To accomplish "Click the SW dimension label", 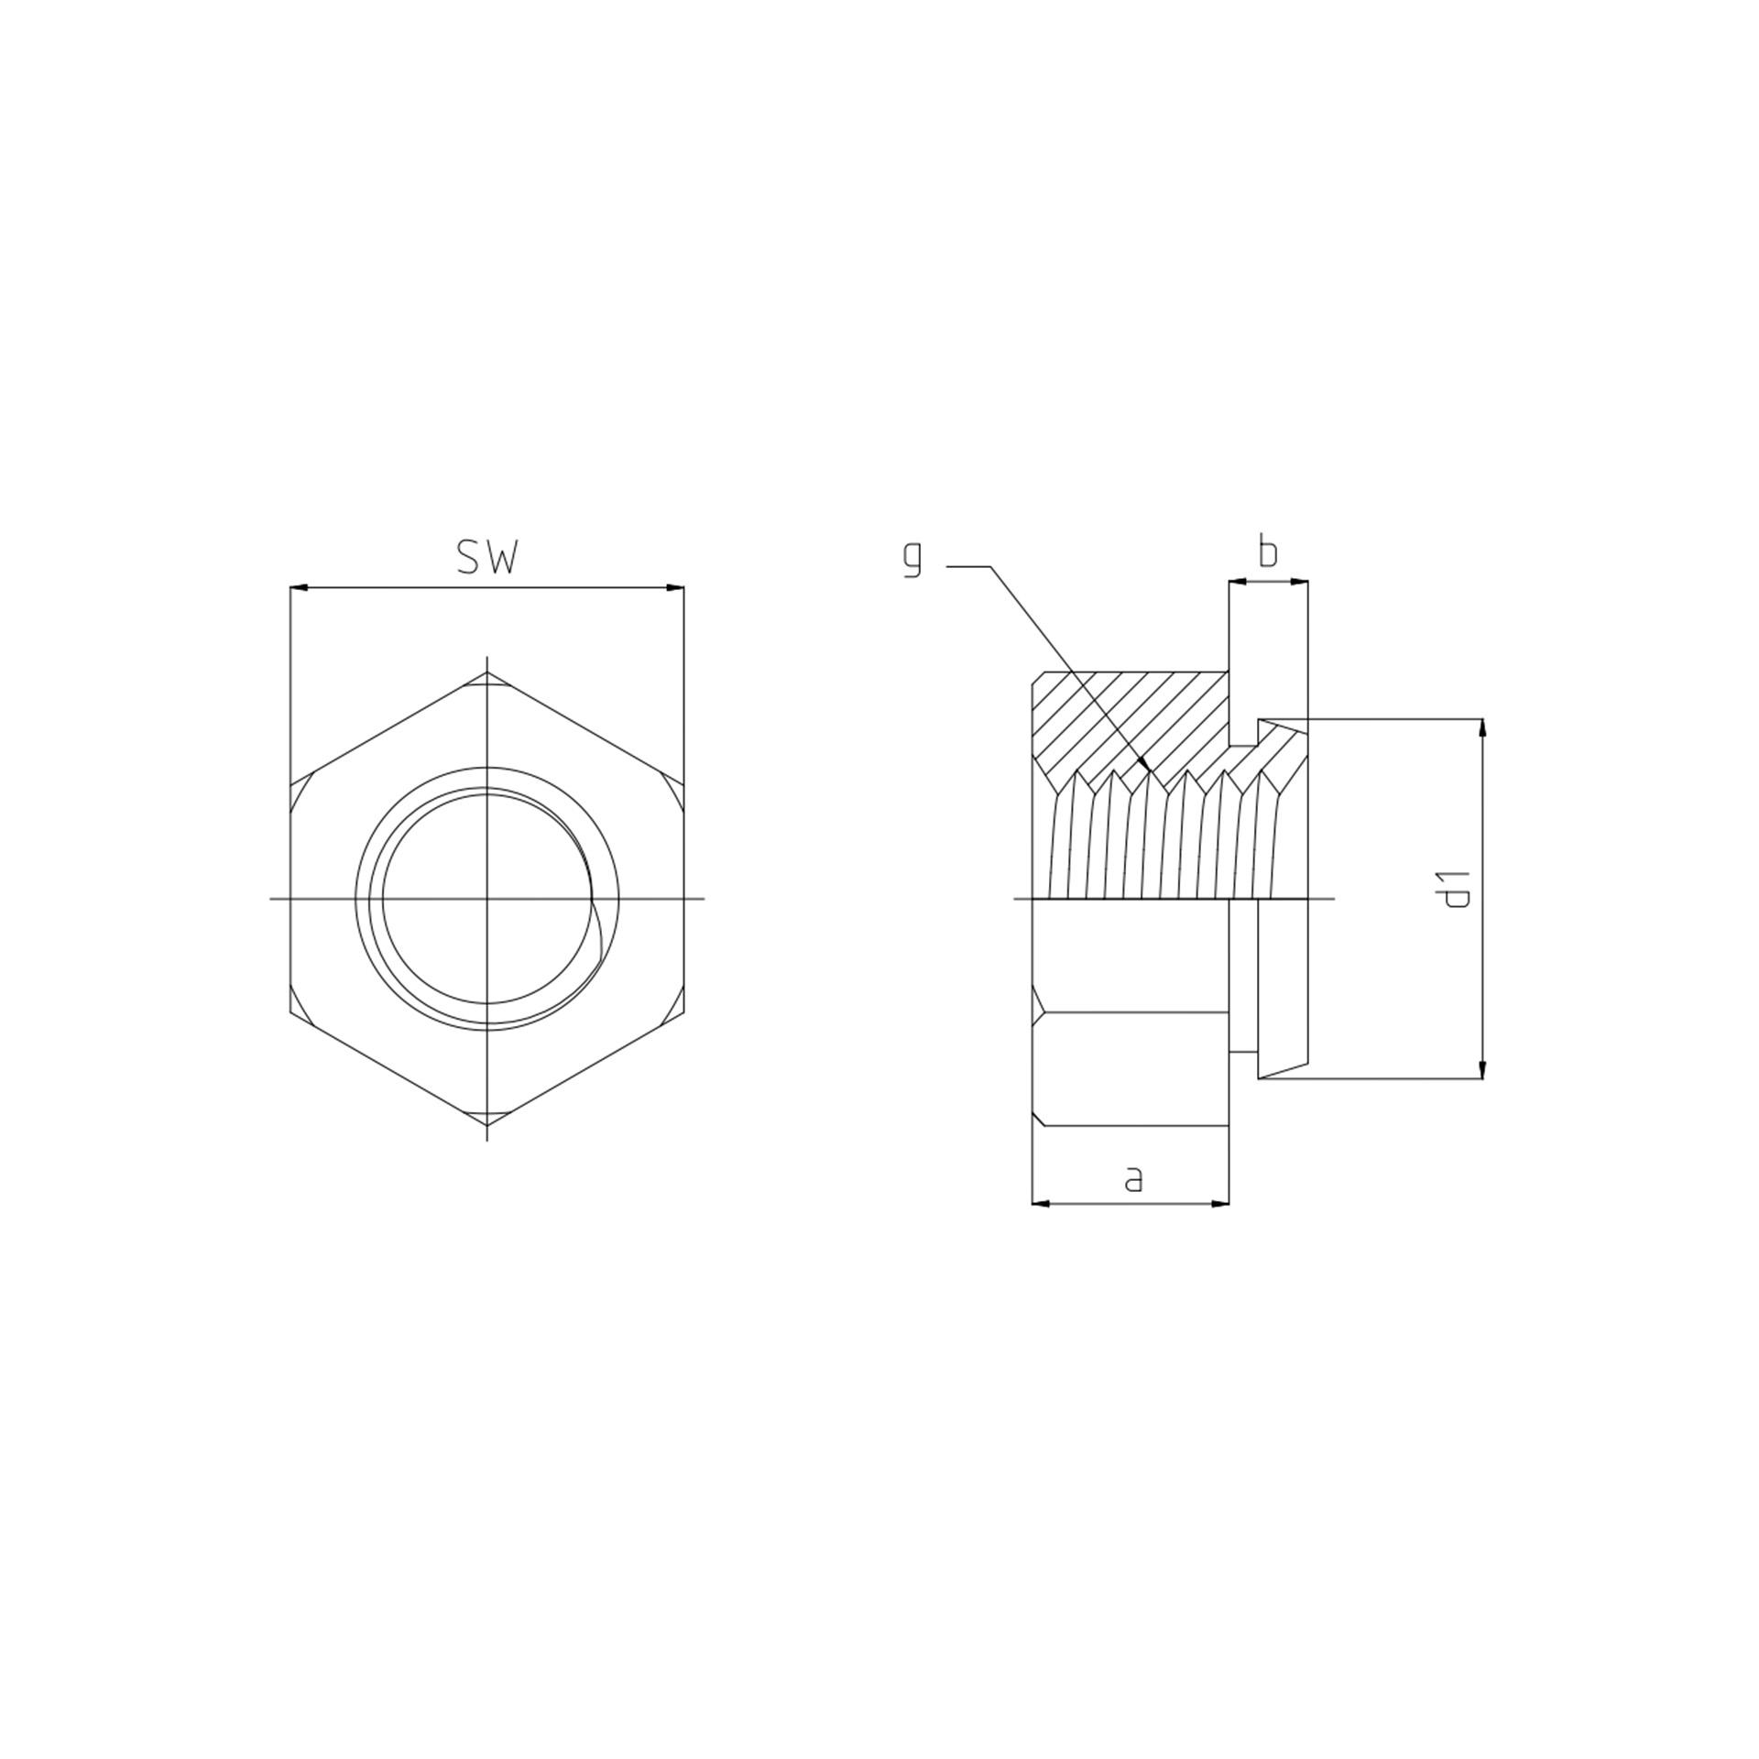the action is [487, 557].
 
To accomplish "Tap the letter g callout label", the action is [912, 559].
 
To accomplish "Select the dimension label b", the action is [1268, 552].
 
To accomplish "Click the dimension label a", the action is [1133, 1179].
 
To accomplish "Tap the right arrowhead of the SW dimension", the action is [674, 587].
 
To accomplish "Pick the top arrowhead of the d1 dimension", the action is [1481, 728].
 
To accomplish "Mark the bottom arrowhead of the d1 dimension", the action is [1481, 1069].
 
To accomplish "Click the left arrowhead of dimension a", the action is [1042, 1203].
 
